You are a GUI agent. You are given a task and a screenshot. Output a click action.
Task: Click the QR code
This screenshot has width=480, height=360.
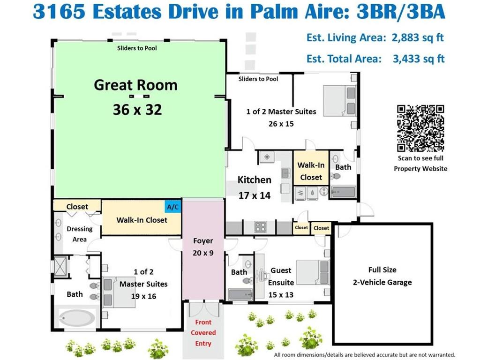click(420, 128)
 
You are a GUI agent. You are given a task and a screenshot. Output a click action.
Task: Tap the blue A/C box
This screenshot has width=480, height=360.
click(172, 207)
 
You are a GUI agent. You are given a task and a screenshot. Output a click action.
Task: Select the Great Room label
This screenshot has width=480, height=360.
click(135, 85)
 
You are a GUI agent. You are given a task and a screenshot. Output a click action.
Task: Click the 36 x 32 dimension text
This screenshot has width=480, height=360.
click(137, 110)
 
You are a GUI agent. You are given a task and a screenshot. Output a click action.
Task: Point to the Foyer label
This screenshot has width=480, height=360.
click(203, 241)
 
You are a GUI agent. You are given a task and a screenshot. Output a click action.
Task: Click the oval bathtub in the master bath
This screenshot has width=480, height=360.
click(76, 318)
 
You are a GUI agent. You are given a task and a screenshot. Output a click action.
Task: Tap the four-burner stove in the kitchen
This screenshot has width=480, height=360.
click(261, 227)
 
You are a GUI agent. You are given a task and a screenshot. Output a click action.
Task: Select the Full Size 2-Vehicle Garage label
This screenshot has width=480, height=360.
click(382, 276)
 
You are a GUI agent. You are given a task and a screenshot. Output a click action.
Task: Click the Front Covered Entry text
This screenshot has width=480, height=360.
click(203, 333)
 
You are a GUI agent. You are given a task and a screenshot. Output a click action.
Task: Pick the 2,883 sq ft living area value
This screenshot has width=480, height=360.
click(418, 37)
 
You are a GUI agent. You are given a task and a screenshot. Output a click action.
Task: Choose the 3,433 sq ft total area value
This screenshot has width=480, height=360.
click(419, 59)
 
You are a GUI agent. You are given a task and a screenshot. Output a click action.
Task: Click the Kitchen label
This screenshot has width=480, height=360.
click(255, 180)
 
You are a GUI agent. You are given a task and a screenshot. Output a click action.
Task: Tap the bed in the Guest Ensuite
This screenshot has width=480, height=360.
click(313, 272)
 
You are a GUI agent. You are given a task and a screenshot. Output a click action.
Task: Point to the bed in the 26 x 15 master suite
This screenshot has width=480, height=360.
click(340, 101)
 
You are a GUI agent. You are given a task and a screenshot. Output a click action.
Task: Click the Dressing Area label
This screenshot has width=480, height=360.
click(80, 234)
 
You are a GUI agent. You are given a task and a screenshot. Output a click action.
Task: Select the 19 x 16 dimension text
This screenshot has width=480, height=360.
click(143, 296)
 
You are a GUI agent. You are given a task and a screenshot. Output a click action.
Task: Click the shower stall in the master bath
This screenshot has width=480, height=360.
click(61, 266)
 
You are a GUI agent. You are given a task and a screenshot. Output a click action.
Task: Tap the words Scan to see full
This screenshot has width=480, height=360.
click(420, 158)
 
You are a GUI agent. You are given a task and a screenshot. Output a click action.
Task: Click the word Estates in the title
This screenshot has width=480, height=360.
click(127, 12)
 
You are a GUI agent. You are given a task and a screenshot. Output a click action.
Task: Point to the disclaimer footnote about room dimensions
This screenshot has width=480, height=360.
click(364, 355)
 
